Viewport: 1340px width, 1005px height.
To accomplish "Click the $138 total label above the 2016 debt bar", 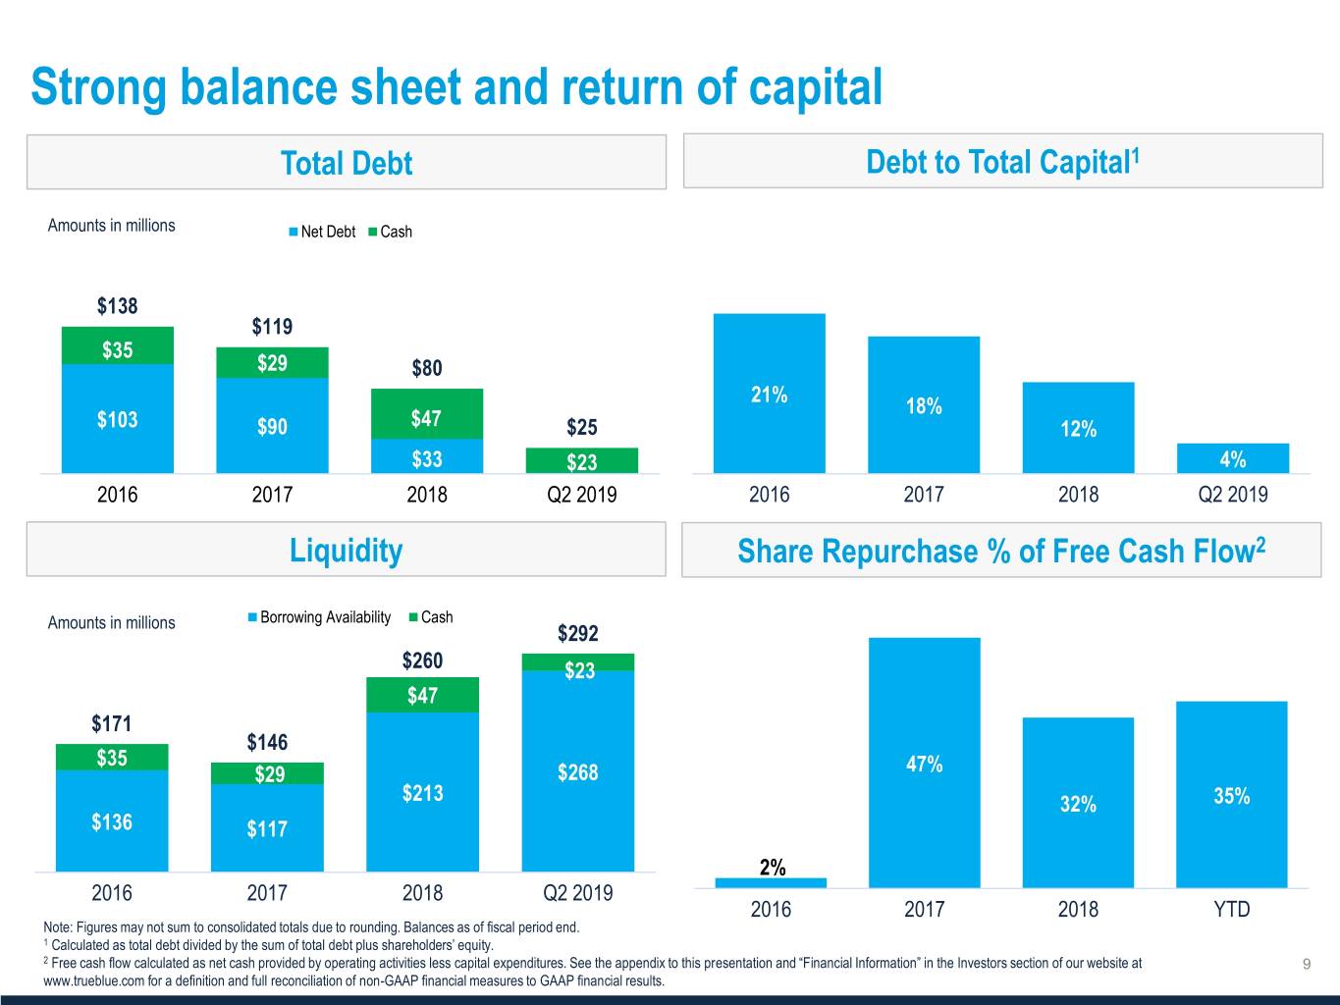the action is point(117,305).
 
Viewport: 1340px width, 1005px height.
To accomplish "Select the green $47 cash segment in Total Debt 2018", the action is point(427,414).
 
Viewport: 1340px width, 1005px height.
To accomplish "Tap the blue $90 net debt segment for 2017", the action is point(272,425).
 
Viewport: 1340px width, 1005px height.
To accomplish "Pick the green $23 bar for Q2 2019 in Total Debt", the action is point(582,460).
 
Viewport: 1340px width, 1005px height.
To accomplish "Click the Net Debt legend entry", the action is point(322,232).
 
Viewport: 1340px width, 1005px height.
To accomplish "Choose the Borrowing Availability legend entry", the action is point(319,617).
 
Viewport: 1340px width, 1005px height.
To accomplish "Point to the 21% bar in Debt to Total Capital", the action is point(770,394).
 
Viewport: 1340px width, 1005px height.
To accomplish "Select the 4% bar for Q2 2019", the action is point(1233,458).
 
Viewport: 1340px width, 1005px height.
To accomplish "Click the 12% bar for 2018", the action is point(1079,428).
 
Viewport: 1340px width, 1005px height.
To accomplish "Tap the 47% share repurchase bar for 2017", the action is point(925,763).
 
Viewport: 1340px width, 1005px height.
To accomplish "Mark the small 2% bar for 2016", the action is point(771,883).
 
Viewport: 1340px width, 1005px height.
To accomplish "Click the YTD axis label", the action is point(1232,909).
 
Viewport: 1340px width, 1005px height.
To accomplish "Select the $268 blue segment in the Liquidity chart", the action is point(578,771).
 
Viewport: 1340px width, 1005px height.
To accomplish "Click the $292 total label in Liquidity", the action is point(577,633).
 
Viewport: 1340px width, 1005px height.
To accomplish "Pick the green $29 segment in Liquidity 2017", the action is point(267,773).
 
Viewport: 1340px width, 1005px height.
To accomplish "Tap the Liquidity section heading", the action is point(347,550).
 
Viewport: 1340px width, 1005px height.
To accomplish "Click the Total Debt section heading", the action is point(347,163).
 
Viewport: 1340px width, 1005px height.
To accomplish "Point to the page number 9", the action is point(1307,964).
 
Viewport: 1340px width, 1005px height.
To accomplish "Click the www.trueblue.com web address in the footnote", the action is point(94,981).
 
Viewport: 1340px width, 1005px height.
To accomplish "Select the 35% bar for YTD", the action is point(1232,795).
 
